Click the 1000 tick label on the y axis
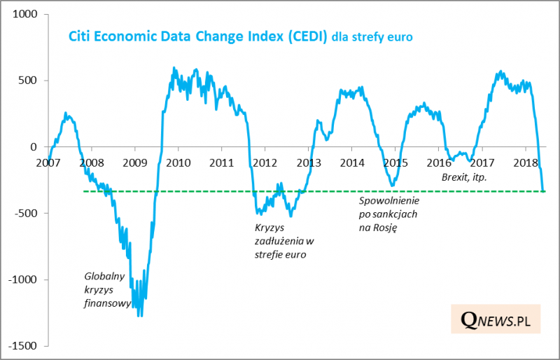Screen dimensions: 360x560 pyautogui.click(x=27, y=14)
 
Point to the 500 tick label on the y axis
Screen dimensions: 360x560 pyautogui.click(x=31, y=81)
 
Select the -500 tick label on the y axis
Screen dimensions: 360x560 pyautogui.click(x=29, y=214)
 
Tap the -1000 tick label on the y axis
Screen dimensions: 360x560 pyautogui.click(x=27, y=280)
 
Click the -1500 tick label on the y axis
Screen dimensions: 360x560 pyautogui.click(x=27, y=346)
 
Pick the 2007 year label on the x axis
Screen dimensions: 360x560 pyautogui.click(x=48, y=162)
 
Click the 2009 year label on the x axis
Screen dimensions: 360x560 pyautogui.click(x=134, y=162)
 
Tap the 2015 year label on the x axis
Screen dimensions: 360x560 pyautogui.click(x=395, y=162)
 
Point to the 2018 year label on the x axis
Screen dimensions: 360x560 pyautogui.click(x=526, y=162)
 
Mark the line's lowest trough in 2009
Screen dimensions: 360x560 pyautogui.click(x=140, y=316)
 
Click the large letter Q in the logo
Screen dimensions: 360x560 pyautogui.click(x=470, y=321)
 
